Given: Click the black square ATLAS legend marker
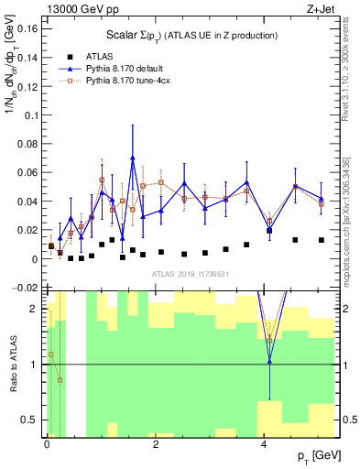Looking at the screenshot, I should (66, 57).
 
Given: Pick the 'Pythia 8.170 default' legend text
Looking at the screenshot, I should (127, 70).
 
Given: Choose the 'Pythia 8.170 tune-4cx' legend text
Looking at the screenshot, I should (131, 82).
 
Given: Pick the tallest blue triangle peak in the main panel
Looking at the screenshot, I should (133, 158).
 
